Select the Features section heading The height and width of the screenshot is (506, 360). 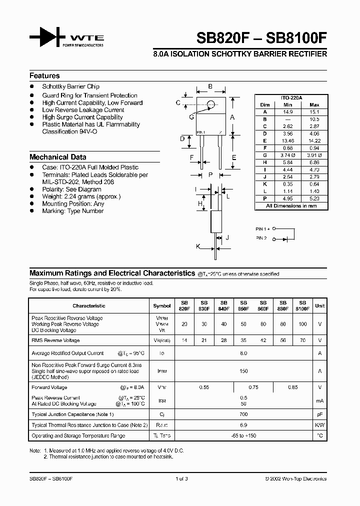click(x=44, y=76)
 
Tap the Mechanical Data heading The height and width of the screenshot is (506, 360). click(x=57, y=157)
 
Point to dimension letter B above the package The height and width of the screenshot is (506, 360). click(x=210, y=86)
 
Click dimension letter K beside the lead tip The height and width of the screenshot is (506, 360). click(x=197, y=246)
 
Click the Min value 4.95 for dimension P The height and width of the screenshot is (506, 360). click(x=287, y=198)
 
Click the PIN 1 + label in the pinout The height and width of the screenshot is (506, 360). click(x=263, y=229)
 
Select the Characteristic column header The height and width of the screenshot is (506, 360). click(x=89, y=305)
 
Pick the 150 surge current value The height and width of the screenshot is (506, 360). click(x=243, y=371)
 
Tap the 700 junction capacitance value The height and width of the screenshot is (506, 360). click(x=243, y=414)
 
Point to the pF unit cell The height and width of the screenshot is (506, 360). click(x=319, y=414)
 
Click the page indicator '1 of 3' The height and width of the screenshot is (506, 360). click(x=181, y=478)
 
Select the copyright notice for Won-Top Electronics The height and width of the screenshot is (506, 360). click(x=295, y=478)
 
